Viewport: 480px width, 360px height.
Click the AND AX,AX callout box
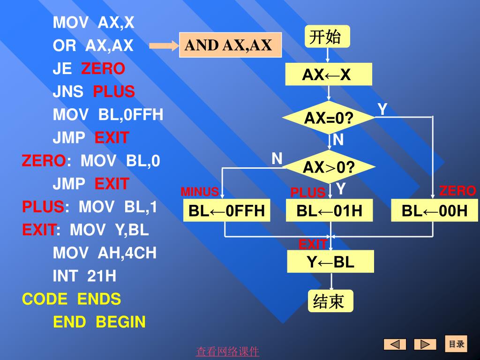pos(230,45)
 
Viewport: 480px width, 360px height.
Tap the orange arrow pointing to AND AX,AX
pos(164,46)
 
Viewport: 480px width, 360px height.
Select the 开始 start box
pos(327,37)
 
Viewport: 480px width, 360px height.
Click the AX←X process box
pos(329,75)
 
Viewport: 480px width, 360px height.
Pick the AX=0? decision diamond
pos(329,118)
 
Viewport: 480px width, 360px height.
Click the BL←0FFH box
pos(226,210)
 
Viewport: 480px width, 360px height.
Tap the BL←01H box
pos(329,210)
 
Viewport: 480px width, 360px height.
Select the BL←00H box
pos(434,210)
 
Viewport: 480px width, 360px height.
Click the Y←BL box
pos(330,262)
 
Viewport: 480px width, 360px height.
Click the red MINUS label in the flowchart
pos(200,192)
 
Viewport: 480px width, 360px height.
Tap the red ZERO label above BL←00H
pos(457,191)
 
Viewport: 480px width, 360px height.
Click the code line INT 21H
pos(84,276)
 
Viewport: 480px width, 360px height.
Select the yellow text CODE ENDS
pos(71,299)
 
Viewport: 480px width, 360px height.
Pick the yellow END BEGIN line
pos(99,322)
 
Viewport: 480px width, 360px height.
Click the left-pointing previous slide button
pos(395,345)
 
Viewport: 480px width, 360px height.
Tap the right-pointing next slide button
pos(425,345)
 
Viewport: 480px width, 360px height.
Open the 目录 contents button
pos(456,344)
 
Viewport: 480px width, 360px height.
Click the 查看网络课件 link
pos(227,351)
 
